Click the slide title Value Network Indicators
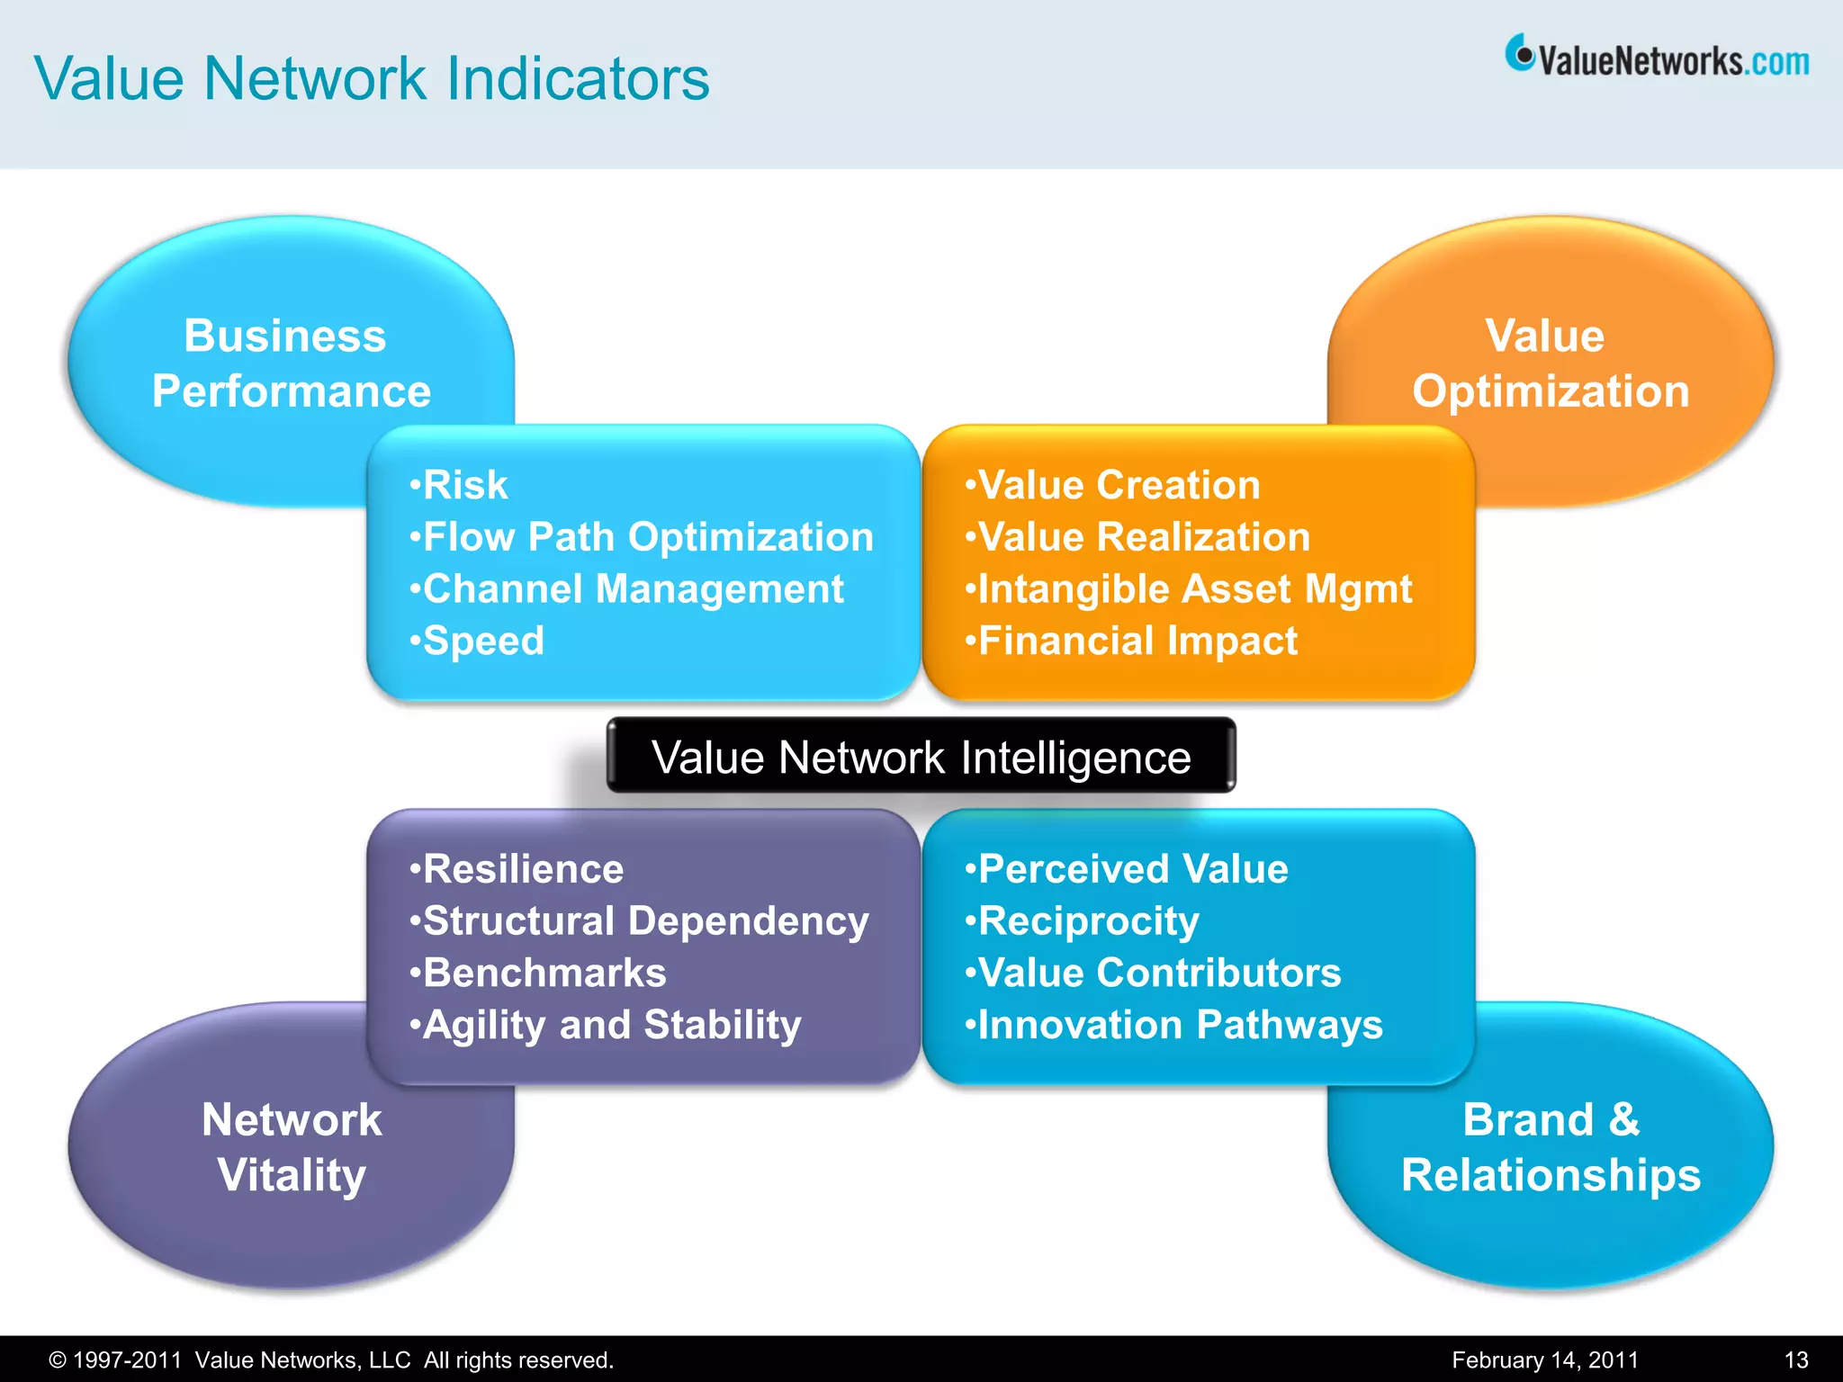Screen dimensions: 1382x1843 tap(372, 78)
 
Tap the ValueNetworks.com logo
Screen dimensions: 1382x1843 tap(1657, 58)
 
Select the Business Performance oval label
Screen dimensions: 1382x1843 tap(290, 363)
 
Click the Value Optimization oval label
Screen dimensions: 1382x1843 tap(1550, 363)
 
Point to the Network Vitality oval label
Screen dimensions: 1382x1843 tap(292, 1147)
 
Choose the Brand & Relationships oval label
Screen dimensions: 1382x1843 tap(1550, 1147)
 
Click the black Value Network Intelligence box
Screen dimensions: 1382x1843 tap(921, 757)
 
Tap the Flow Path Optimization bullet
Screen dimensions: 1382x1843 tap(642, 537)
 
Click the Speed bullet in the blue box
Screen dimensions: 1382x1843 tap(477, 641)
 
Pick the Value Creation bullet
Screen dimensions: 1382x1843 tap(1112, 485)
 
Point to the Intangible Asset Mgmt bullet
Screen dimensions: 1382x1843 tap(1188, 589)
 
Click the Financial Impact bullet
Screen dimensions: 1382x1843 tap(1131, 641)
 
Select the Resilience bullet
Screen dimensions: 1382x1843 tap(517, 869)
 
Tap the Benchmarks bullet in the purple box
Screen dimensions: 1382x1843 tap(538, 973)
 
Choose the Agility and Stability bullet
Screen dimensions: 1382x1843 tap(606, 1025)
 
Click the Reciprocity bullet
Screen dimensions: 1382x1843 tap(1082, 920)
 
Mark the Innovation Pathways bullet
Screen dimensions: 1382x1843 tap(1173, 1025)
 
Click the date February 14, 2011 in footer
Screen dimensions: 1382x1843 tap(1544, 1360)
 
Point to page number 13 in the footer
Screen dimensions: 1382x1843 tap(1795, 1360)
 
